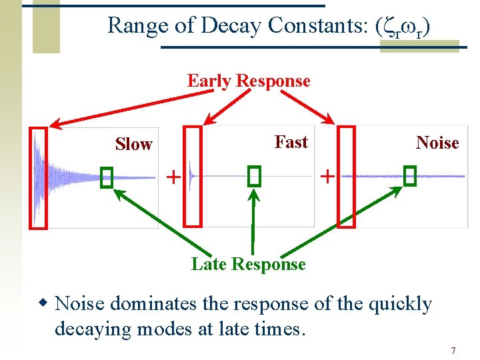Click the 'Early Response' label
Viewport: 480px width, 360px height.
pos(249,81)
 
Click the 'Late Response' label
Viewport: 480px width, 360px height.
pos(248,265)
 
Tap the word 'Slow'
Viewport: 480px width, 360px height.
pos(133,145)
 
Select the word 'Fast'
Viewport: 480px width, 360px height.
pos(291,142)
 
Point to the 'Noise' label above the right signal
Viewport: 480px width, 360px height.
pos(437,143)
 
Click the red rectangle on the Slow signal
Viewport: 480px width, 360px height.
pos(38,177)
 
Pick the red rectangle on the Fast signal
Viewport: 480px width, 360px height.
pos(192,177)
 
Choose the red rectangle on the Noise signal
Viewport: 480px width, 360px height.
pos(347,177)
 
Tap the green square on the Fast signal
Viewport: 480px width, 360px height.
pos(253,176)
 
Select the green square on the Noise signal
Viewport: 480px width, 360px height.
pos(409,176)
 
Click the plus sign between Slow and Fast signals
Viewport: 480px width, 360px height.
pos(173,177)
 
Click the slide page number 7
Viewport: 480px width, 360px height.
pos(453,351)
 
